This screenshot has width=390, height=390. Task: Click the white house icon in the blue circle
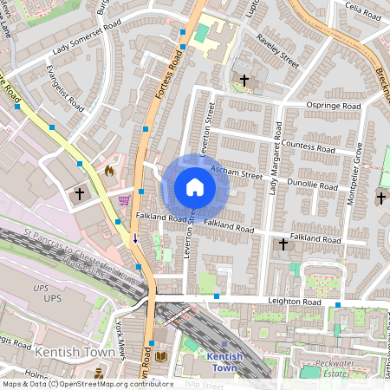tap(195, 187)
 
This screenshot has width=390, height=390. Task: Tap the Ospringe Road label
tap(334, 106)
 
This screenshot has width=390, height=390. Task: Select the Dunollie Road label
tap(314, 185)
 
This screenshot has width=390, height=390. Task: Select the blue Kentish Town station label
tap(224, 362)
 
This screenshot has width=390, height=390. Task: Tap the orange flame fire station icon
tap(109, 172)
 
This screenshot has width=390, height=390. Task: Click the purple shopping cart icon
tap(125, 199)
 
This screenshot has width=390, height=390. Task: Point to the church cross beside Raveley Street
tap(244, 80)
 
